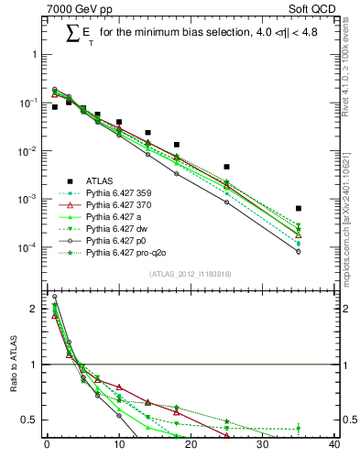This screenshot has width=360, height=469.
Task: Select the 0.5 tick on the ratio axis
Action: click(31, 420)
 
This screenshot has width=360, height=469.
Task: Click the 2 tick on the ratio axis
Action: click(36, 309)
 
